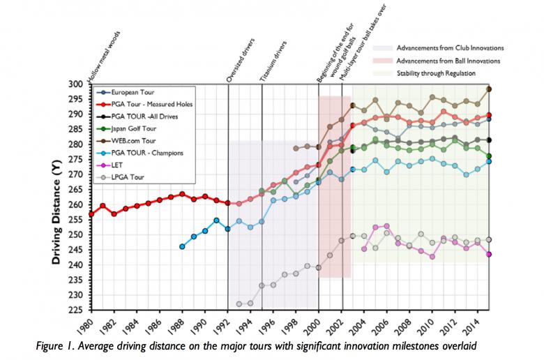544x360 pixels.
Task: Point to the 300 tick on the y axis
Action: (77, 84)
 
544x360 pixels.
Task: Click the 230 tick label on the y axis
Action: (77, 295)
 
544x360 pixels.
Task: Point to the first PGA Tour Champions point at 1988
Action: (182, 246)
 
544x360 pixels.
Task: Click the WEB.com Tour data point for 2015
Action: (489, 89)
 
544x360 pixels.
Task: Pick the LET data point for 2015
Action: (489, 255)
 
